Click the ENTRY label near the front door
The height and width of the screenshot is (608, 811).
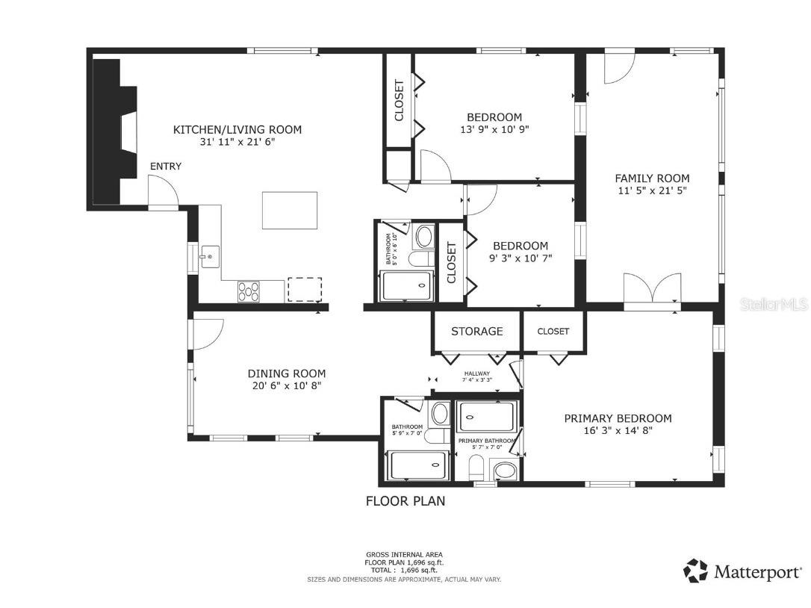pos(165,166)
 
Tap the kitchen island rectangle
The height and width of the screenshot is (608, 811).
pos(290,210)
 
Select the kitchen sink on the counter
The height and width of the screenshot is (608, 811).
pos(208,258)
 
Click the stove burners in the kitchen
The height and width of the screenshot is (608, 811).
pos(249,291)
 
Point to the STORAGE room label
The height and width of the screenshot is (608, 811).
pos(476,331)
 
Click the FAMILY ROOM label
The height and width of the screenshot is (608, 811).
pos(652,178)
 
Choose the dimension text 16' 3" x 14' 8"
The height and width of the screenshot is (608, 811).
pos(618,431)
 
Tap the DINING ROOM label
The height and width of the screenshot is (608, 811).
pos(287,373)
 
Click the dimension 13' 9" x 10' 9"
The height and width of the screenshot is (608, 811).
pos(494,129)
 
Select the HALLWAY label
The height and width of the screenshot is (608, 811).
pos(477,374)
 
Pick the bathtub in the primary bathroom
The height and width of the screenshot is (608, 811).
pos(487,416)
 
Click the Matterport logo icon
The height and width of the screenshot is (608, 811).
pos(695,571)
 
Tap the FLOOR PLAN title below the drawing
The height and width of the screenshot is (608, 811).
pos(405,500)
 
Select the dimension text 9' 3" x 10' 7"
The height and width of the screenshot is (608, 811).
pos(520,258)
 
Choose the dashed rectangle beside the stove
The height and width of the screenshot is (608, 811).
pos(305,290)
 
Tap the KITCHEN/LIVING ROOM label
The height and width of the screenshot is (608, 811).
pos(237,129)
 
